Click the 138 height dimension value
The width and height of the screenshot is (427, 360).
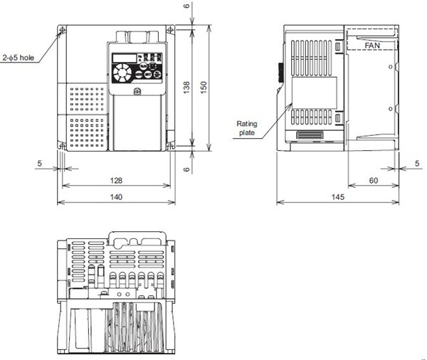click(x=187, y=88)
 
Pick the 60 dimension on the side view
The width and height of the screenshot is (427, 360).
click(x=372, y=181)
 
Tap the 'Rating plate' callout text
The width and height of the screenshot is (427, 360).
click(x=247, y=127)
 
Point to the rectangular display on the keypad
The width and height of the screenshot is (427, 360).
click(x=122, y=57)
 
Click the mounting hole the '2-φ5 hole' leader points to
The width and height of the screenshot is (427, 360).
click(x=63, y=31)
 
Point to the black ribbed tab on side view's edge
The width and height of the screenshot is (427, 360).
click(x=280, y=72)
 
